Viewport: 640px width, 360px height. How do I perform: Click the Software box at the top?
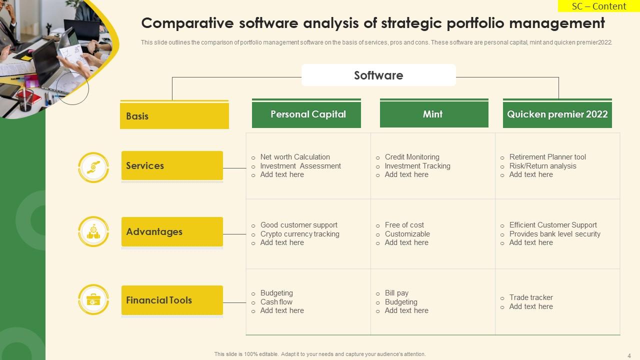point(378,75)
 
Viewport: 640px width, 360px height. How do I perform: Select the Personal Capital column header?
point(306,114)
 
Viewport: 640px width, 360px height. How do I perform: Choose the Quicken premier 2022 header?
point(557,114)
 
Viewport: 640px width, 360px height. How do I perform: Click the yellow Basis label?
point(174,116)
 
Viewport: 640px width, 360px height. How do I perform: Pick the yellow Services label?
point(172,165)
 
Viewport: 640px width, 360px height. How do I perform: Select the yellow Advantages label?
point(172,231)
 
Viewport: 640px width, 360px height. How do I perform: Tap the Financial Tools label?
point(172,300)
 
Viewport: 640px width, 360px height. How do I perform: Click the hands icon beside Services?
point(93,167)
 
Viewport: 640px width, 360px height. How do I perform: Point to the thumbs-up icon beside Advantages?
point(93,232)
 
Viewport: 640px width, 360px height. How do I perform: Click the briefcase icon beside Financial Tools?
point(93,299)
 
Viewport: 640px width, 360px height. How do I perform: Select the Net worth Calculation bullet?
point(295,157)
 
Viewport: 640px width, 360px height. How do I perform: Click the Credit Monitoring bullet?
point(412,157)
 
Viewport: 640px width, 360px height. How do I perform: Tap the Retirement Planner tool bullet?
point(547,157)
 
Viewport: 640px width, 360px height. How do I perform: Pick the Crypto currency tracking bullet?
point(299,234)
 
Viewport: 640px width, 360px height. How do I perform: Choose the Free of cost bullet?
point(404,225)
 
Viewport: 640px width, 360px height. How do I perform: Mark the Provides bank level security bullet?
point(554,234)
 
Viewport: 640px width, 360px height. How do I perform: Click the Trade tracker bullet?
point(531,297)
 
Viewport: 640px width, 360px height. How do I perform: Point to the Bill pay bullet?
point(396,293)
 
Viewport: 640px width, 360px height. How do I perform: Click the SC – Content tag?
point(599,6)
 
